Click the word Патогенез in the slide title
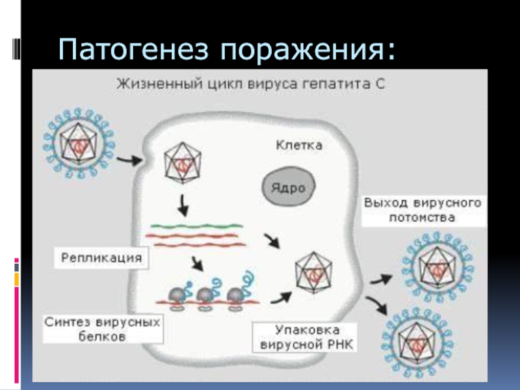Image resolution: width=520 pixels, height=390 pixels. pyautogui.click(x=133, y=49)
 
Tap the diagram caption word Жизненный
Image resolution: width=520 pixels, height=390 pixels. pyautogui.click(x=159, y=84)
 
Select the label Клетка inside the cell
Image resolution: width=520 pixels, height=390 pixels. pyautogui.click(x=299, y=145)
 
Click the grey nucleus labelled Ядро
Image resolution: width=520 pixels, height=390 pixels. pyautogui.click(x=289, y=187)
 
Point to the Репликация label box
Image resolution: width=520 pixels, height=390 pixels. pyautogui.click(x=101, y=257)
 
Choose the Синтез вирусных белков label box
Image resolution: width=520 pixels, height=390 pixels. pyautogui.click(x=103, y=329)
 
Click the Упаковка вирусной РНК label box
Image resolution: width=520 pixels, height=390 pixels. pyautogui.click(x=305, y=337)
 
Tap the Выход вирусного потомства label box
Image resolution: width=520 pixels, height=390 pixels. pyautogui.click(x=423, y=210)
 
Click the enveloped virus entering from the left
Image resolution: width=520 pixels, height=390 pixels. pyautogui.click(x=79, y=144)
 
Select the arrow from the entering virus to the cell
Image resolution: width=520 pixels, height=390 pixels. pyautogui.click(x=129, y=161)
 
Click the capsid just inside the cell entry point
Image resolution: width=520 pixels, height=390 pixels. pyautogui.click(x=183, y=162)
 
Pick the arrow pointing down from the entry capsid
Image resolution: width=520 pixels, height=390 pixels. pyautogui.click(x=183, y=205)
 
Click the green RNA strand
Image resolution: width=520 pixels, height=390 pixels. pyautogui.click(x=197, y=226)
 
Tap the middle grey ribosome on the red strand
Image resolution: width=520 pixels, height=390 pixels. pyautogui.click(x=205, y=296)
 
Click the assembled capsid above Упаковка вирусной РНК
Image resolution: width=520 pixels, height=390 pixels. pyautogui.click(x=313, y=272)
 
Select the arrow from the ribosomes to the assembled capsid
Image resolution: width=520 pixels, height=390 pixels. pyautogui.click(x=281, y=298)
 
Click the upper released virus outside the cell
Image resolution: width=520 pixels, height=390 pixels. pyautogui.click(x=437, y=268)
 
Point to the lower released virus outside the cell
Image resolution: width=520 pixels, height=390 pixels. pyautogui.click(x=417, y=344)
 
